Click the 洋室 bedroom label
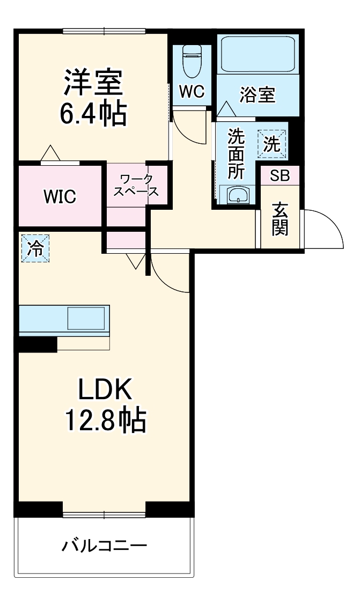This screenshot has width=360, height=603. click(95, 82)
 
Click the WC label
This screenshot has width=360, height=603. click(192, 92)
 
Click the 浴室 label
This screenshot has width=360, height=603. click(258, 95)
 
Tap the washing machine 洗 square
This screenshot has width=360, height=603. click(272, 144)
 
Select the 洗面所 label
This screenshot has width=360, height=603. click(236, 153)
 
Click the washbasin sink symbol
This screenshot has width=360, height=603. click(236, 196)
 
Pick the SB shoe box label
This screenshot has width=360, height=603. click(280, 175)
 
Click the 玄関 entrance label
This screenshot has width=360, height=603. click(280, 219)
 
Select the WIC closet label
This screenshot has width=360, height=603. click(60, 197)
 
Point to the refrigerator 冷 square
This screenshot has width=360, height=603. click(35, 248)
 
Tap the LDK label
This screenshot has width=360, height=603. click(105, 391)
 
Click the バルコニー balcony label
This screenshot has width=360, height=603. click(104, 547)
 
